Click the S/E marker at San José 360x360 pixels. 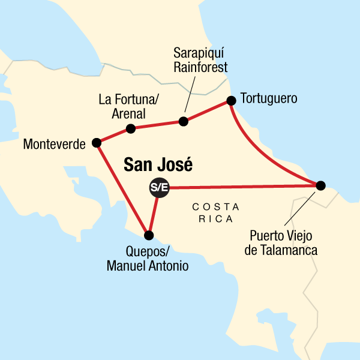tap(159, 188)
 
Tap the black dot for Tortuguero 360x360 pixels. tap(230, 101)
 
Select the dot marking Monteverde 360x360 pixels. tap(96, 143)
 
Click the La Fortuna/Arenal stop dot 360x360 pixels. tap(130, 128)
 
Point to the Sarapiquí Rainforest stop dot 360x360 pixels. tap(184, 122)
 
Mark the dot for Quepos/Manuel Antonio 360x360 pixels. tap(149, 235)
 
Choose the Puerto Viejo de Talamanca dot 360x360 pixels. tap(320, 185)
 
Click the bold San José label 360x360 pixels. tap(158, 165)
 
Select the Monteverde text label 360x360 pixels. tap(53, 144)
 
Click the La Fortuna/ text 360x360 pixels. tap(124, 100)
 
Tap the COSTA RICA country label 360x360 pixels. tap(215, 212)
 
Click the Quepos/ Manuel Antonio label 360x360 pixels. tap(147, 258)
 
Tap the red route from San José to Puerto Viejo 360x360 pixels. tap(240, 187)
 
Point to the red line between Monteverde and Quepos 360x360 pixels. tap(122, 189)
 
